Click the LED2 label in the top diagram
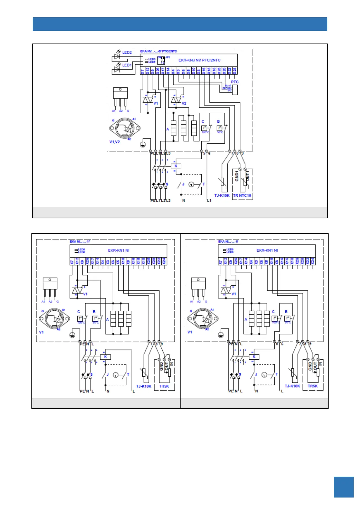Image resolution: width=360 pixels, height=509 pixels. tap(127, 52)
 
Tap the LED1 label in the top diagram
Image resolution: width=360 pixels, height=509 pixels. tap(127, 65)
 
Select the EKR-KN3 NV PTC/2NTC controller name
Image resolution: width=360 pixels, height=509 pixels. tap(199, 60)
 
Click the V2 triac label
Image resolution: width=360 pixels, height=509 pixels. tap(184, 103)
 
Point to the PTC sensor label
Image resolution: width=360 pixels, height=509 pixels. tap(235, 82)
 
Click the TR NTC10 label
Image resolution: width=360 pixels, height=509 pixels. tap(242, 196)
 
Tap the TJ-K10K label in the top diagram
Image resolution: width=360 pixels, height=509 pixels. tap(222, 196)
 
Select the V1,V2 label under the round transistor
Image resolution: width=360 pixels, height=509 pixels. tap(115, 142)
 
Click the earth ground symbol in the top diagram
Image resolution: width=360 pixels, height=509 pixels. tap(143, 144)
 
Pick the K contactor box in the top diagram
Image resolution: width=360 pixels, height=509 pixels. tap(176, 166)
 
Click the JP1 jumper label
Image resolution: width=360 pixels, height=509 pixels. tap(168, 57)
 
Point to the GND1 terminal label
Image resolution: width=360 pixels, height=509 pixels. tap(237, 176)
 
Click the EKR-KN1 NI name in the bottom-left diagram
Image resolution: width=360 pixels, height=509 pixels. tap(119, 250)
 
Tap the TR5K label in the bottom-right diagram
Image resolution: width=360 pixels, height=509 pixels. tap(313, 386)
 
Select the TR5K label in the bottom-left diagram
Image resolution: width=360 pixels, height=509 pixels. tap(164, 386)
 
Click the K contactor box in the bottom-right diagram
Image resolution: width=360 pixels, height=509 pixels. tap(254, 357)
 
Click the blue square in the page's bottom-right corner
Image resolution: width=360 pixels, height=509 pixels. tap(343, 487)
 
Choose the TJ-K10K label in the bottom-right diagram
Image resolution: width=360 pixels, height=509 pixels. tap(292, 386)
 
